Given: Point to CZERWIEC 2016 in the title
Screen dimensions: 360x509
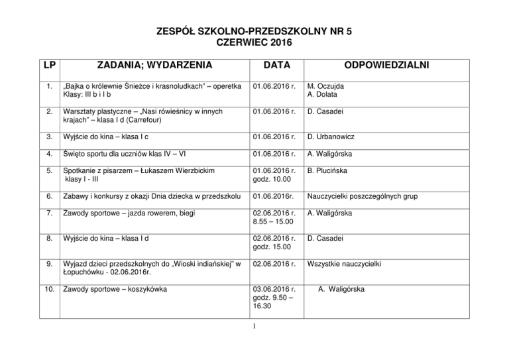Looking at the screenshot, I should click(x=254, y=42).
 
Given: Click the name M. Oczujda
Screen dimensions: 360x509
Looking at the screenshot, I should click(x=325, y=86).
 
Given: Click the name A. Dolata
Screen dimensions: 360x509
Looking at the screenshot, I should click(x=322, y=95).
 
